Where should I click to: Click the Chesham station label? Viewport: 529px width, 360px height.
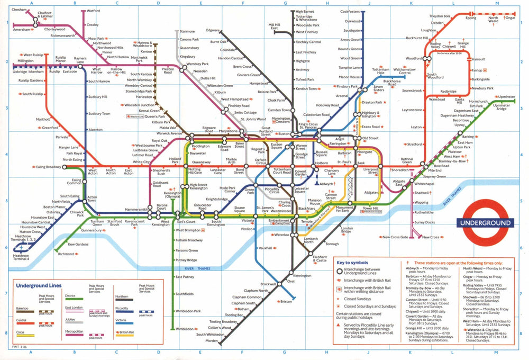coord(19,10)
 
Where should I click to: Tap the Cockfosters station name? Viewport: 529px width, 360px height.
coord(350,11)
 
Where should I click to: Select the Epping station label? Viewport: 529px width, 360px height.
coord(470,18)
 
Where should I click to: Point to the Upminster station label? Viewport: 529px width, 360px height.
coord(506,97)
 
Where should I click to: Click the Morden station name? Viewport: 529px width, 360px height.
coord(212,340)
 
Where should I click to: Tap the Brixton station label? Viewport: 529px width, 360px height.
coord(286,301)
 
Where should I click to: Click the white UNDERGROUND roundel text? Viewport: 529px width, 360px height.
coord(485,223)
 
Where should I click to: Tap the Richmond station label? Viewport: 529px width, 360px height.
coord(66,254)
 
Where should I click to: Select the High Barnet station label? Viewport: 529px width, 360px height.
coord(305,11)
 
